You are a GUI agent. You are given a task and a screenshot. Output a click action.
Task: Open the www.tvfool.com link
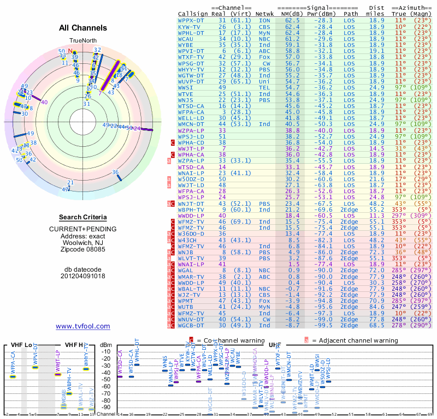(x=83, y=326)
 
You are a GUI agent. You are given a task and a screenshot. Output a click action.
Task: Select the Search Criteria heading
(x=83, y=217)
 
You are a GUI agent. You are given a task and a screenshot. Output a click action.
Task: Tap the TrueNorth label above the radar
(x=82, y=40)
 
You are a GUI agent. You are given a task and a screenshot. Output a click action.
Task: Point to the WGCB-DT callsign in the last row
(x=192, y=325)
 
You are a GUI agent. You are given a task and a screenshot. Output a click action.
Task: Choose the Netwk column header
(x=265, y=13)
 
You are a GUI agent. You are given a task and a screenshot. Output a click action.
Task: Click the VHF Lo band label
(x=21, y=345)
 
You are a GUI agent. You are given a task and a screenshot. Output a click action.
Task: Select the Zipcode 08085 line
(x=83, y=249)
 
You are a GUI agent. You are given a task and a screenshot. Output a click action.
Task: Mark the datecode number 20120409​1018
(x=83, y=276)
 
